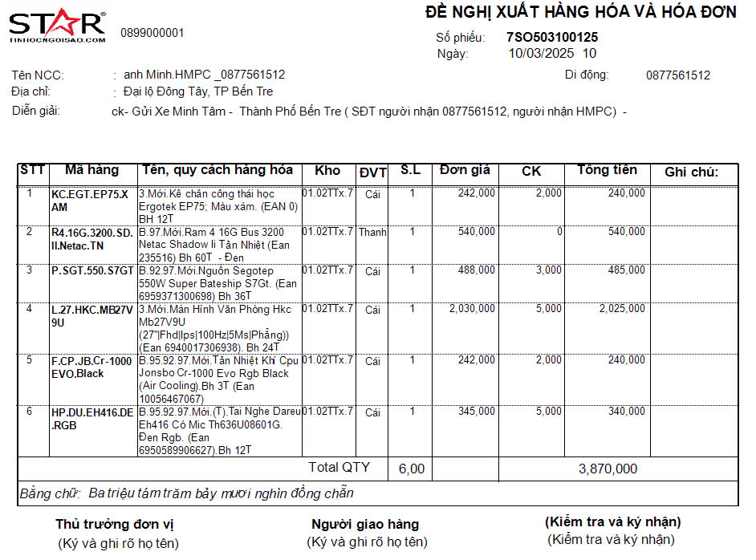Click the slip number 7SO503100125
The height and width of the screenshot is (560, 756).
(552, 37)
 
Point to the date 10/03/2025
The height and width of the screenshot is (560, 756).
(542, 54)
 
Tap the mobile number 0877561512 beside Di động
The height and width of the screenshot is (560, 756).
(678, 75)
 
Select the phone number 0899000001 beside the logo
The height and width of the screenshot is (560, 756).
(152, 33)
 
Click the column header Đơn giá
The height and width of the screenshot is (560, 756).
(465, 170)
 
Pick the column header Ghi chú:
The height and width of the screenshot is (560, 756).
(691, 172)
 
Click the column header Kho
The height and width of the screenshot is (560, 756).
(327, 170)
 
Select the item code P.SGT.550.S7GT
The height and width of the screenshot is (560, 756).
(92, 271)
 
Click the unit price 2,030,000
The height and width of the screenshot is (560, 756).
(472, 309)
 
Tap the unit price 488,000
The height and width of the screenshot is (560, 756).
(476, 270)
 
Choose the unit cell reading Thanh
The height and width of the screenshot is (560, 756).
(372, 233)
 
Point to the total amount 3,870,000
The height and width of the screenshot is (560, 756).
(608, 469)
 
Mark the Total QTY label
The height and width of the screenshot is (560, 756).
(339, 467)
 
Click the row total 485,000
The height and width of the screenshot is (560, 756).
(626, 270)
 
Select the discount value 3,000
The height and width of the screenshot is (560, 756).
(549, 270)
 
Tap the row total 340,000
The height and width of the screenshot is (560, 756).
(626, 412)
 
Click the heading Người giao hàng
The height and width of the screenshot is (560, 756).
(365, 525)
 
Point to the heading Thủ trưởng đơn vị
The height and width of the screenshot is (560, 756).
(115, 525)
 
